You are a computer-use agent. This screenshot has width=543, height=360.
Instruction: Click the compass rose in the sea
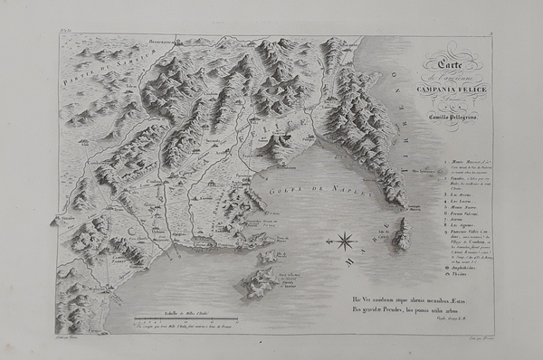tap(345, 241)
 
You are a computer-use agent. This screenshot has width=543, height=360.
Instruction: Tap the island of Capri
tap(401, 236)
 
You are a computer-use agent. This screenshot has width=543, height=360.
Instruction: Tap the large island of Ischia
tap(257, 283)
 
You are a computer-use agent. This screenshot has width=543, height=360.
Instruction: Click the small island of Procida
tap(270, 257)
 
